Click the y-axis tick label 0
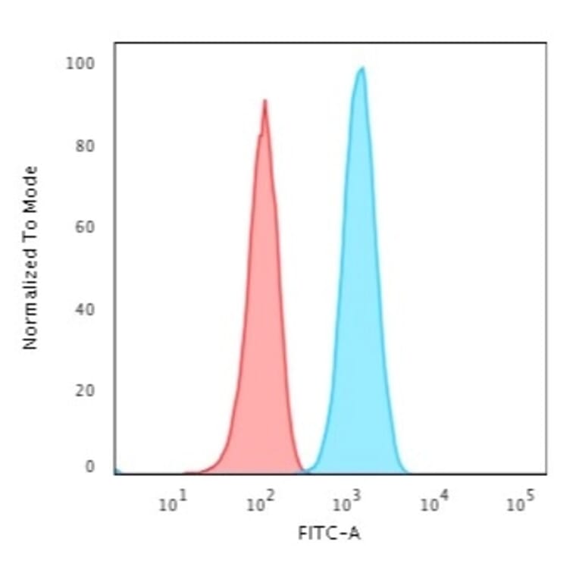click(x=89, y=467)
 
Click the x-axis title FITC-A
click(x=330, y=534)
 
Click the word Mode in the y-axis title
click(x=30, y=186)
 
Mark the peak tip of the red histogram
click(x=264, y=100)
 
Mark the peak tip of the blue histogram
click(x=362, y=68)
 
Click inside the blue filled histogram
click(x=359, y=303)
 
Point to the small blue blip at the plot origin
click(x=117, y=471)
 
